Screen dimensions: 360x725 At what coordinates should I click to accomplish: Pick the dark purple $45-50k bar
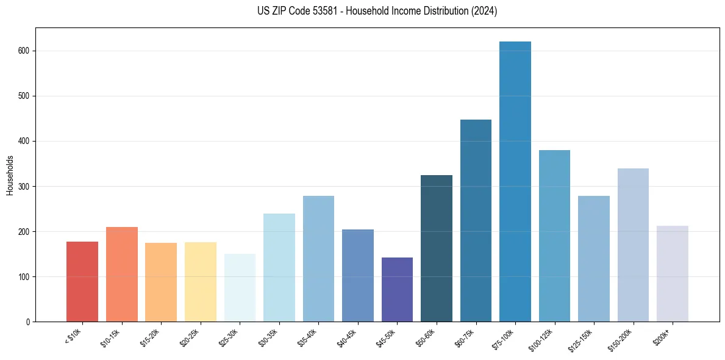click(397, 290)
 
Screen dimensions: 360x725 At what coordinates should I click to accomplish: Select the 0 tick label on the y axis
click(28, 322)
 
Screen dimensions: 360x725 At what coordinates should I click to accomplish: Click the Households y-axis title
click(10, 175)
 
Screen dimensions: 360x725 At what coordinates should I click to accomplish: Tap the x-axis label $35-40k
click(308, 337)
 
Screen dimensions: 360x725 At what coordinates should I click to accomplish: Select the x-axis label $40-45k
click(347, 337)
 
